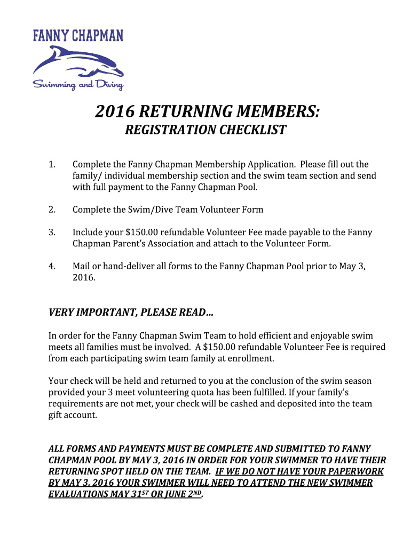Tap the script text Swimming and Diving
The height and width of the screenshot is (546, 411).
[x=78, y=85]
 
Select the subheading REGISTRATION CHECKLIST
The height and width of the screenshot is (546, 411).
[x=205, y=130]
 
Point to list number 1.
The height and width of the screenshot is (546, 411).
[x=52, y=164]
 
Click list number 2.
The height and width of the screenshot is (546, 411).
[x=52, y=210]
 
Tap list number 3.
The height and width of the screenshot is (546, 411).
[x=52, y=232]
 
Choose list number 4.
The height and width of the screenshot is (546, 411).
[x=52, y=266]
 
